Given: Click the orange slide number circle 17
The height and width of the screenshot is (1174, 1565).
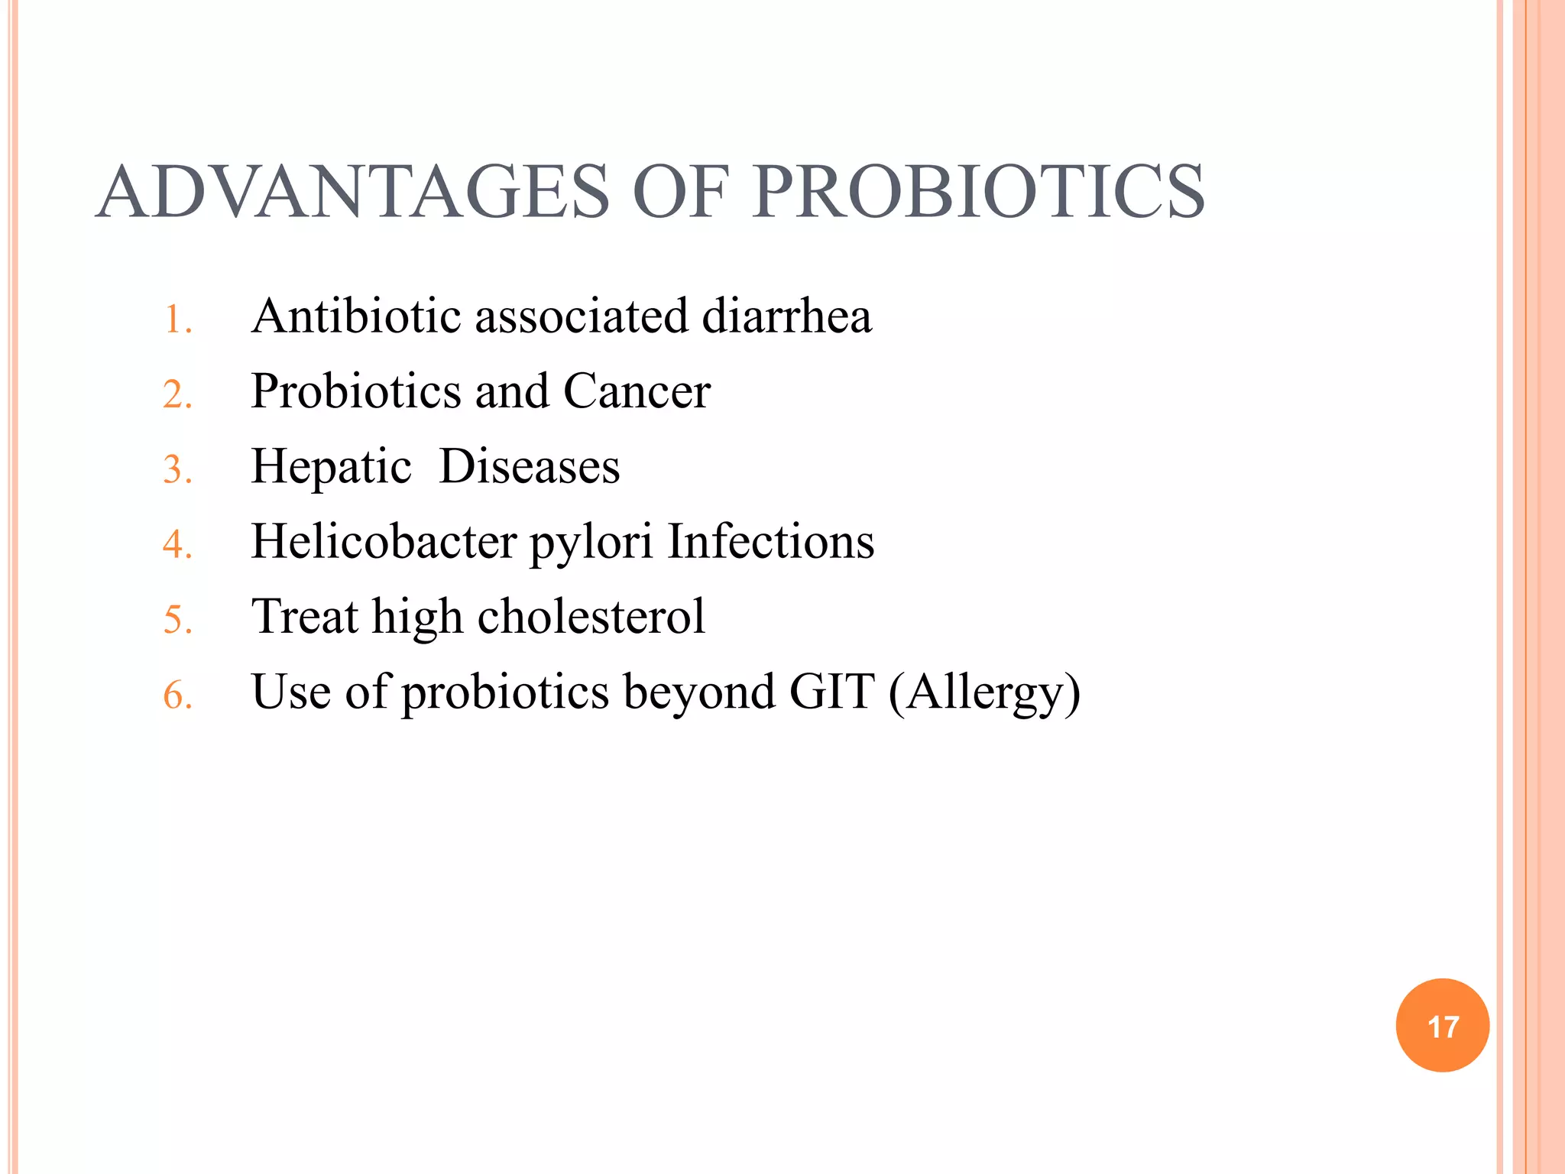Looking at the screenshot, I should pos(1442,1026).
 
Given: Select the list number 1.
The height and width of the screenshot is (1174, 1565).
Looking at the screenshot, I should pos(177,319).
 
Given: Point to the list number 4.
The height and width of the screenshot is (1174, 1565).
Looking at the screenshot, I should pos(177,545).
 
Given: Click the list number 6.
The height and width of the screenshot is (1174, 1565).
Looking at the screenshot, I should pos(177,696).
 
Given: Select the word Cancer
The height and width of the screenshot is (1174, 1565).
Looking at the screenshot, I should pos(637,391).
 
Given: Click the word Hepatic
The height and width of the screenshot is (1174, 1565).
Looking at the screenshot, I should pos(331,467).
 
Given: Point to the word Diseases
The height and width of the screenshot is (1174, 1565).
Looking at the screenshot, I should pos(529,466).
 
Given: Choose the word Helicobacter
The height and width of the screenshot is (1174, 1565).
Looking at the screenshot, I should pos(384,541).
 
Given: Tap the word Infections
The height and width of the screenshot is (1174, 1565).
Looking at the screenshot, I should pos(770,541).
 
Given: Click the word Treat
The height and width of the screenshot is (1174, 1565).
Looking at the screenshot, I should pos(305,616).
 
